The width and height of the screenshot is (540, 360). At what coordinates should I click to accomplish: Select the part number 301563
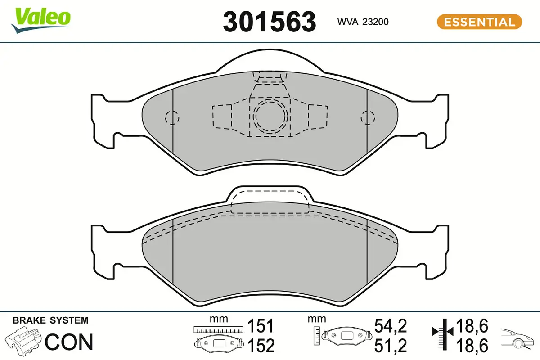pos(270,22)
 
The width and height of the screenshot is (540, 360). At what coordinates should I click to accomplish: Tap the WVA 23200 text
pos(363,22)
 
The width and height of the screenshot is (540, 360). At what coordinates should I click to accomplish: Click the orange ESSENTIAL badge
pos(479,22)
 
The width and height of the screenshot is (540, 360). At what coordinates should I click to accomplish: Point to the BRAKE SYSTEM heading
pos(50,321)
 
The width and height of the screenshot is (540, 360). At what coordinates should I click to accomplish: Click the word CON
pos(69,342)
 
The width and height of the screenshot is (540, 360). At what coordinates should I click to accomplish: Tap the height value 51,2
pos(391,346)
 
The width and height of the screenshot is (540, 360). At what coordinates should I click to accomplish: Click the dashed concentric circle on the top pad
pos(269,117)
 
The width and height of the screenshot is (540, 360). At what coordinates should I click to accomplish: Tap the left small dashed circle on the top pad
pos(172,117)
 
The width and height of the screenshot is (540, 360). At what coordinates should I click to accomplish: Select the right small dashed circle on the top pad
pos(368,117)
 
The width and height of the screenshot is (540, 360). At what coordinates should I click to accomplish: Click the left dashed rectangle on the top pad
pos(222,117)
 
